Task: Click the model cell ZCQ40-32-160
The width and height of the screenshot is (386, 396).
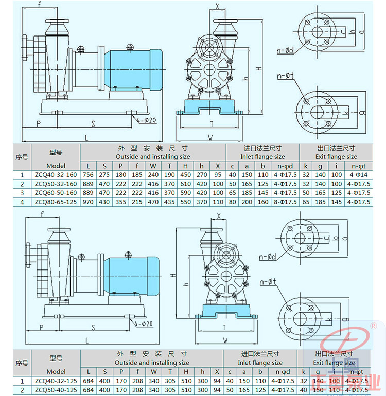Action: click(x=56, y=174)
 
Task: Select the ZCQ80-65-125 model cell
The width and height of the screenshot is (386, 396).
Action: click(x=56, y=201)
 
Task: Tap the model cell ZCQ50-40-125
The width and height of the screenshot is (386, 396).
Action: click(x=56, y=390)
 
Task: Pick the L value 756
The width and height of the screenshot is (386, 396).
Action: click(x=89, y=174)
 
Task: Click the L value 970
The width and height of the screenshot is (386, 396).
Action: click(x=89, y=201)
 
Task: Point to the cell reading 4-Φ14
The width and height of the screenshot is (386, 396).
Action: click(x=357, y=174)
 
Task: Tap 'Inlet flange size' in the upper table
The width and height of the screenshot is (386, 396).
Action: click(x=262, y=157)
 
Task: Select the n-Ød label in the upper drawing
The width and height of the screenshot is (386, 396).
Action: click(x=285, y=50)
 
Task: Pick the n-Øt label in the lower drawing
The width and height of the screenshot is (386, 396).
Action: click(x=268, y=282)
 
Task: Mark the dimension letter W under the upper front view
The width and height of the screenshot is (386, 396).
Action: click(x=210, y=137)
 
